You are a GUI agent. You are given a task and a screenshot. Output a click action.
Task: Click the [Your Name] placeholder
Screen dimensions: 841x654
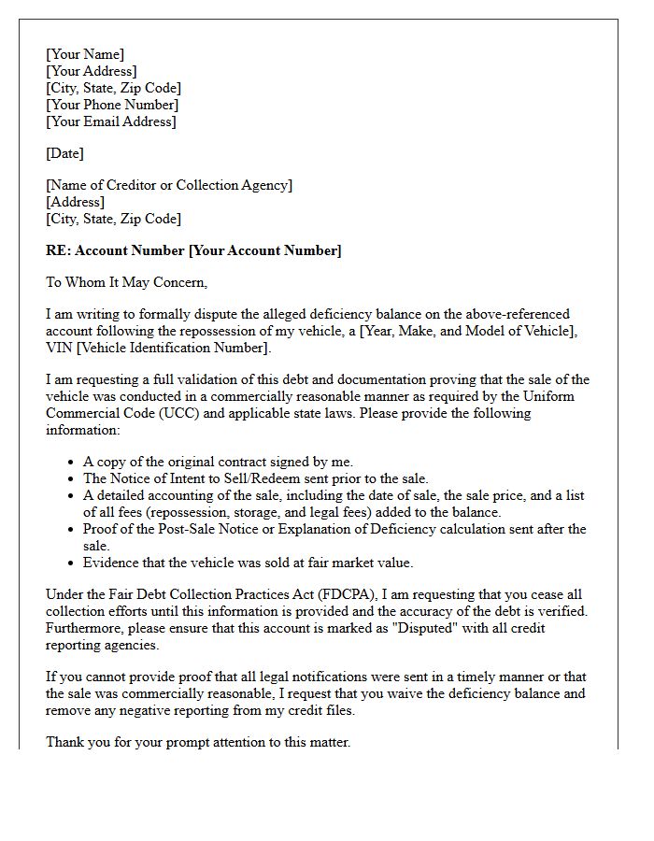(85, 54)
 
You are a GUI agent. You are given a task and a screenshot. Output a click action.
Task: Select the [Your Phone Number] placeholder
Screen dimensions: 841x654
(112, 105)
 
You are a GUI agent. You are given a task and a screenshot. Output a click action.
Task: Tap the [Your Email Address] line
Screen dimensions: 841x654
(111, 121)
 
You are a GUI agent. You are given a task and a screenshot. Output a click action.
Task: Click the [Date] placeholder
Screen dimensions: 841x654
(64, 153)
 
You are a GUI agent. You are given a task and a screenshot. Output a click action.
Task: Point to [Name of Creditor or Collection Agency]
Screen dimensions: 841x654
(169, 185)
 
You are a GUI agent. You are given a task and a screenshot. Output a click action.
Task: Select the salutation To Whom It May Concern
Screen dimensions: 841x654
(126, 282)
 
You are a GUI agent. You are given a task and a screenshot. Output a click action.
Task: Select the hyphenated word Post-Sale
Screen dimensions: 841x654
(178, 529)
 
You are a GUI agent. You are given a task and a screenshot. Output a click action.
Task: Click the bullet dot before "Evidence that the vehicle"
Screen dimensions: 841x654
(73, 563)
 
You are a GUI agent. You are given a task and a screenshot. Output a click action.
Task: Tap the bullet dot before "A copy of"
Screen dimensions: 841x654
(73, 463)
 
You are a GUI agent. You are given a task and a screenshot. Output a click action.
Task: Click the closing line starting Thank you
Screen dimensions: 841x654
(198, 742)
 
